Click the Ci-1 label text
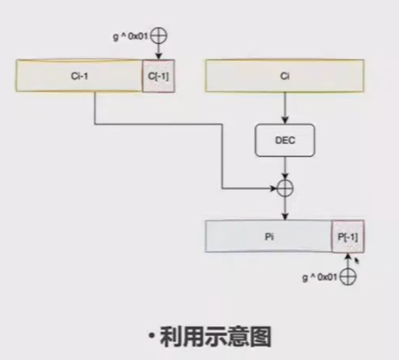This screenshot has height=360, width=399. pyautogui.click(x=80, y=75)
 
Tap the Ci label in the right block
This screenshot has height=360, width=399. pyautogui.click(x=285, y=75)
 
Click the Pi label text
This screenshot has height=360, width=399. pyautogui.click(x=268, y=236)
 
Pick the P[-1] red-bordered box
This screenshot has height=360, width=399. pyautogui.click(x=347, y=236)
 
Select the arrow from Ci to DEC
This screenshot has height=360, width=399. pyautogui.click(x=285, y=107)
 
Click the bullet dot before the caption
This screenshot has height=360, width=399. pyautogui.click(x=152, y=336)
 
